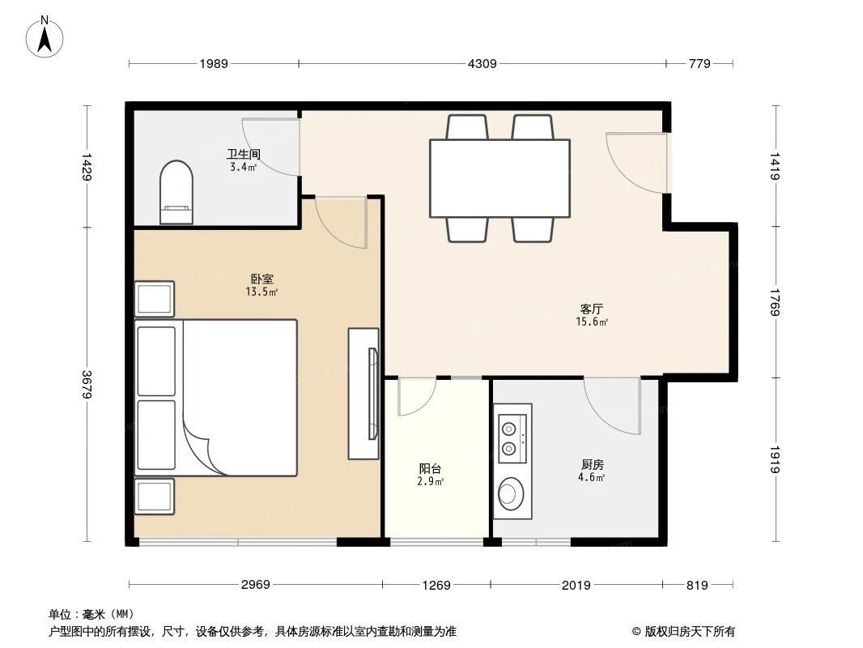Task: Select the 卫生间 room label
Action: click(243, 154)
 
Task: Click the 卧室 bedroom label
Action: click(261, 279)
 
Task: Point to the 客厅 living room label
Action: click(592, 309)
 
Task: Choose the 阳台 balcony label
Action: click(430, 469)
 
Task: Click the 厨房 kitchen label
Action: click(593, 465)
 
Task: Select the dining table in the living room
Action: click(500, 178)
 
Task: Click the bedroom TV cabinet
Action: click(363, 394)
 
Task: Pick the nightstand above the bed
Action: click(154, 300)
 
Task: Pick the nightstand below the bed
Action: click(154, 496)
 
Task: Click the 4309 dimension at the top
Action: click(483, 63)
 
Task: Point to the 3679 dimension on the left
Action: click(87, 384)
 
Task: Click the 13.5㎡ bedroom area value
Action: click(261, 292)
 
